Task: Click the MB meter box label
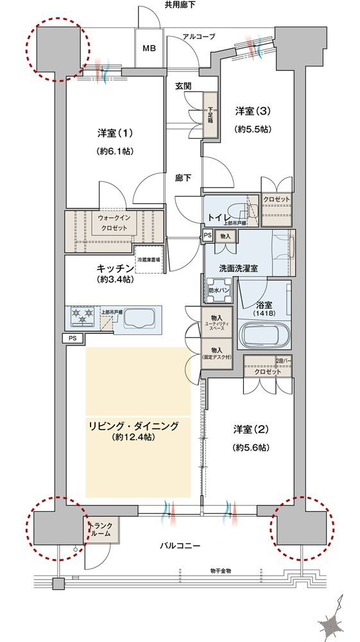pyautogui.click(x=148, y=48)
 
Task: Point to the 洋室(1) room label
pyautogui.click(x=115, y=134)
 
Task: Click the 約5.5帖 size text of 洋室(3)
pyautogui.click(x=253, y=128)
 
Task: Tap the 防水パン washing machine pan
pyautogui.click(x=218, y=291)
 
